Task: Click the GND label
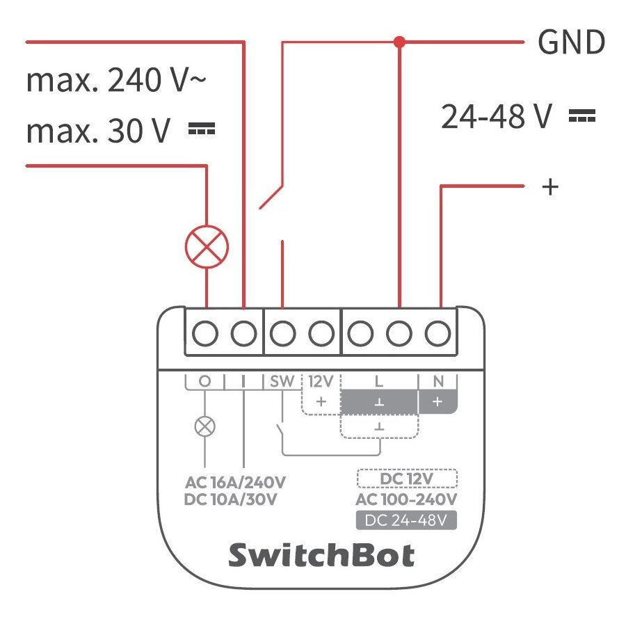pos(571,43)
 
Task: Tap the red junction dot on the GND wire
pos(399,42)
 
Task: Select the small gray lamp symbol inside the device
pos(204,426)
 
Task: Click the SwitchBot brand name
pos(321,556)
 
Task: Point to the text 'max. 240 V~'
pos(116,81)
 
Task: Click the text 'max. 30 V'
pos(98,131)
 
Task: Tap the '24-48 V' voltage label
pos(497,117)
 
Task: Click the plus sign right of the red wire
pos(550,186)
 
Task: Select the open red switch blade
pos(272,197)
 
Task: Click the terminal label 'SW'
pos(282,381)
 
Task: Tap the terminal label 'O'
pos(204,381)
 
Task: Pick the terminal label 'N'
pos(438,381)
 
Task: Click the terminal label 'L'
pos(378,381)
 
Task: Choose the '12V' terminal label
pos(321,381)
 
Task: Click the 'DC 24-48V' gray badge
pos(406,520)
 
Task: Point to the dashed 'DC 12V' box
pos(406,479)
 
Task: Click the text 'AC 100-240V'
pos(406,500)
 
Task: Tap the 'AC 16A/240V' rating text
pos(236,482)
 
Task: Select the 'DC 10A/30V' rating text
pos(232,500)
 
